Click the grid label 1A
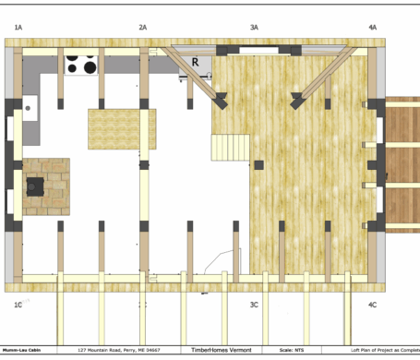18,29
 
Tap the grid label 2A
143,29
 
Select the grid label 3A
254,29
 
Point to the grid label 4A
372,29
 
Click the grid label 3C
254,304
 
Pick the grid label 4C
372,304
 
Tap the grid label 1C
18,304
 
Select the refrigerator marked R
196,62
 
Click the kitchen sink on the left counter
30,109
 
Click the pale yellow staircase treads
231,146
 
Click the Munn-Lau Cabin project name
22,351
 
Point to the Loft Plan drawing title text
378,351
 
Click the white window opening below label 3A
254,46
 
